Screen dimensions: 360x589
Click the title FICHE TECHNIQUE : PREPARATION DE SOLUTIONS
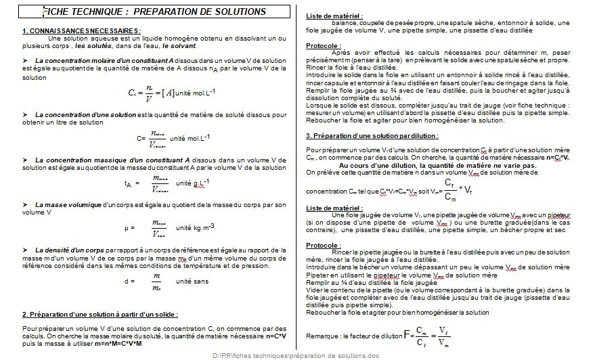click(154, 12)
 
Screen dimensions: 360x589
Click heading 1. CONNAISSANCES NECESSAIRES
click(81, 30)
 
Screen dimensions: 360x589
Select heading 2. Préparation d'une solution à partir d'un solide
click(100, 315)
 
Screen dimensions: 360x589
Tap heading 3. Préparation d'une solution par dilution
click(372, 135)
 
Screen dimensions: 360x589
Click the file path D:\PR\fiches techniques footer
click(296, 355)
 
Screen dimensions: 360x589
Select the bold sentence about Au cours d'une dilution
click(437, 165)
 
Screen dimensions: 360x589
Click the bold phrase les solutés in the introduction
click(94, 46)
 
